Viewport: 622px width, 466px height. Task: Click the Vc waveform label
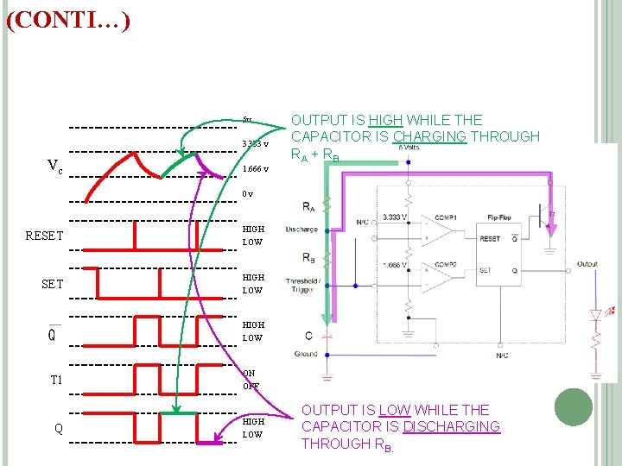[x=54, y=166]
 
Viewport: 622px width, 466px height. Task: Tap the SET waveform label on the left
[x=53, y=284]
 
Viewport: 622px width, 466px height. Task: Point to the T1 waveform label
[x=59, y=380]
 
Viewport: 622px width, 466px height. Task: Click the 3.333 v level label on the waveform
[x=255, y=144]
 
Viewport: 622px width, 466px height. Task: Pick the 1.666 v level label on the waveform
[x=255, y=169]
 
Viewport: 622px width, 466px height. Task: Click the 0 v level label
[x=248, y=194]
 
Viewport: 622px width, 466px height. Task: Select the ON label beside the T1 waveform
[x=249, y=374]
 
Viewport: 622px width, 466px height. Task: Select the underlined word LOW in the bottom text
[x=398, y=410]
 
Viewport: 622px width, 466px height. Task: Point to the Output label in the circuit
[x=587, y=264]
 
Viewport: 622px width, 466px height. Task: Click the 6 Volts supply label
[x=409, y=148]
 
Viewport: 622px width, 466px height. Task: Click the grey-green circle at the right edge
[x=574, y=406]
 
